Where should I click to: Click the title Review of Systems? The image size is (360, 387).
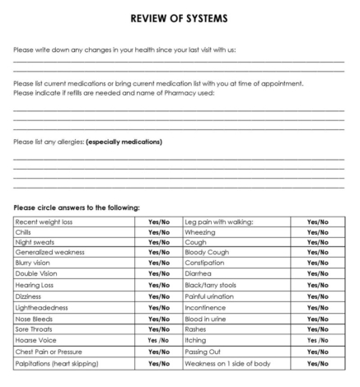click(x=180, y=17)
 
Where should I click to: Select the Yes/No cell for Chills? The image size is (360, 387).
click(x=159, y=232)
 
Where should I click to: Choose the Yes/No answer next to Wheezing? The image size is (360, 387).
click(x=317, y=232)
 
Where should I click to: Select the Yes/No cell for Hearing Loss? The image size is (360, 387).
click(x=159, y=285)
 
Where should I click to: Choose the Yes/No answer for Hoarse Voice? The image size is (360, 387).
click(x=159, y=339)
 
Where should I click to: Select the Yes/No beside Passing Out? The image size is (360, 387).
click(x=317, y=351)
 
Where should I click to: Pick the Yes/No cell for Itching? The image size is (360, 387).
click(x=317, y=339)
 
